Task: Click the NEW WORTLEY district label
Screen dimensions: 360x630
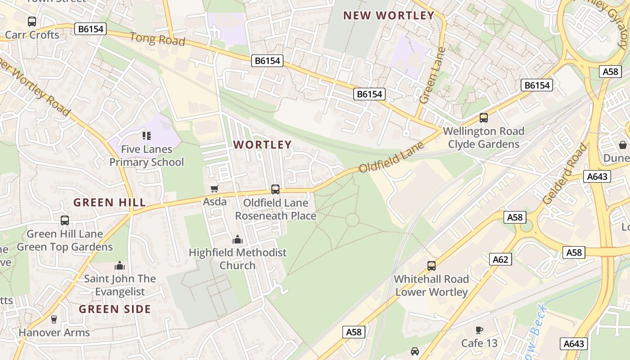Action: [x=388, y=16]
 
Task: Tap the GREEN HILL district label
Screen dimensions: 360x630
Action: [x=110, y=202]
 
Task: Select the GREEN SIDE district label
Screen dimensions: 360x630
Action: [x=115, y=309]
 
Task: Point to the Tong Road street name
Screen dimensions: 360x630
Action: [x=157, y=39]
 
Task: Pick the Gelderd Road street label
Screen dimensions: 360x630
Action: [x=565, y=174]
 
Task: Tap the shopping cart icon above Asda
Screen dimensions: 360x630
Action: [x=215, y=189]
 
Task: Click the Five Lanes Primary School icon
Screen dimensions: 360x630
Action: [x=147, y=135]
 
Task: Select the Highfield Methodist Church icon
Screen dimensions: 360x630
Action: [x=237, y=239]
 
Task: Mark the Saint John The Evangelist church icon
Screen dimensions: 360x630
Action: [x=120, y=265]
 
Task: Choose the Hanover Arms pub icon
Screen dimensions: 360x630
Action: [x=54, y=319]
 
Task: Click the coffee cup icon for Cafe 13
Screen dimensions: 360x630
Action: [x=479, y=330]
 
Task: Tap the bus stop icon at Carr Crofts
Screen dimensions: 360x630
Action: [x=32, y=21]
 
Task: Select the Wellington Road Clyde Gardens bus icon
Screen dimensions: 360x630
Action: [x=484, y=118]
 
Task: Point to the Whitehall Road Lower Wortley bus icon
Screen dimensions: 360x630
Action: [x=432, y=266]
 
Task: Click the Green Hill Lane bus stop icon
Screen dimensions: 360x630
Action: [x=65, y=220]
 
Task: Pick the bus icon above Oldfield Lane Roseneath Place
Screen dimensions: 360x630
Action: [x=275, y=189]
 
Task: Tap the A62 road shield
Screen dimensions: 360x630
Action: [x=500, y=259]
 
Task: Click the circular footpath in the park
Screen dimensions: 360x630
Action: [x=352, y=220]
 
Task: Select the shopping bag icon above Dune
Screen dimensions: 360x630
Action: [x=622, y=145]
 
